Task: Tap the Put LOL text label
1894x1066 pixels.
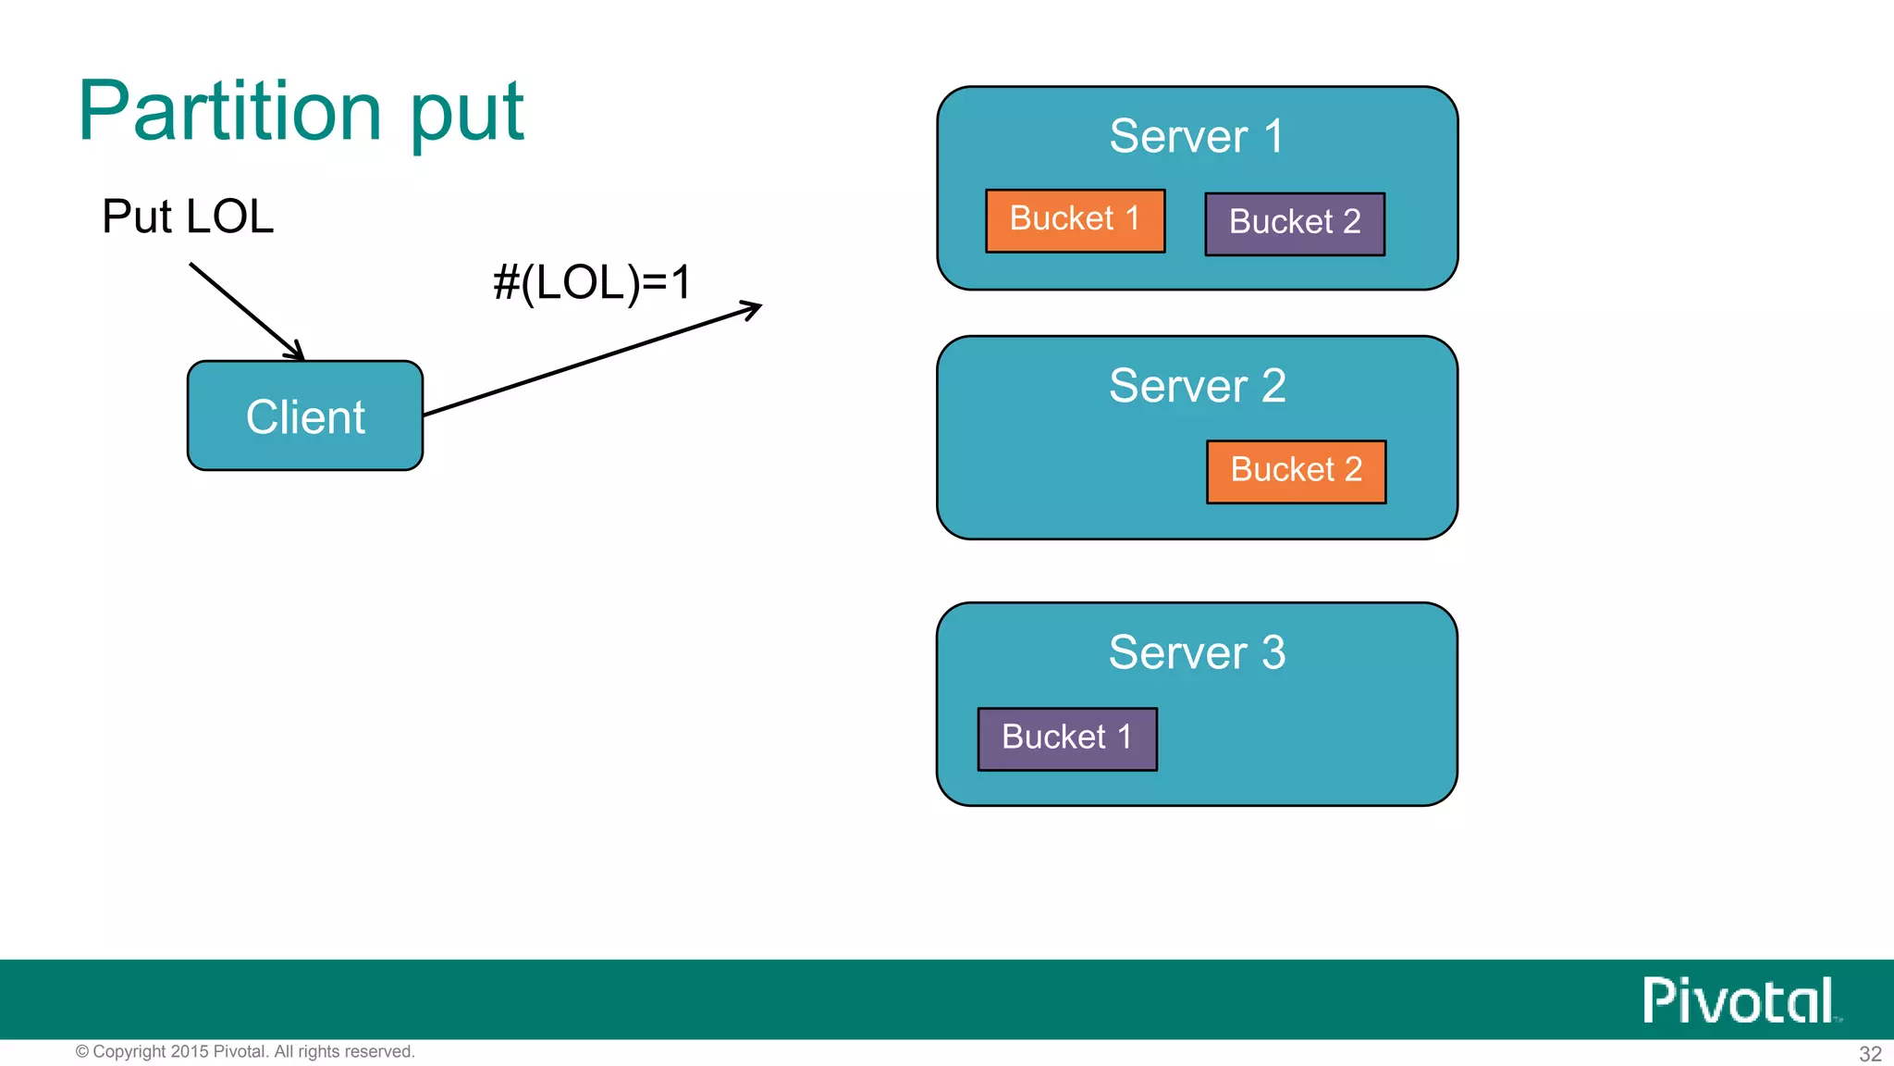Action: [188, 217]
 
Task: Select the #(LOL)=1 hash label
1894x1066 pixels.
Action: [592, 282]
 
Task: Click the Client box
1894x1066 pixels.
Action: [305, 416]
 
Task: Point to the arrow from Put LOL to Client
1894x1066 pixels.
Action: [245, 311]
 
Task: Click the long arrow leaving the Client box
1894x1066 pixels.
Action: [592, 359]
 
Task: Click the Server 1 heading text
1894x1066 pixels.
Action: [1196, 136]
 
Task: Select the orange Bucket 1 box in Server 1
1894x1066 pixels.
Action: [1075, 220]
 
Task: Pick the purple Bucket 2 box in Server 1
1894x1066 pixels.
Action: [1295, 223]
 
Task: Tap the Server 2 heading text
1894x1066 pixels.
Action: [1197, 385]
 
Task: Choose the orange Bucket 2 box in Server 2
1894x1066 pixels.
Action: [1296, 471]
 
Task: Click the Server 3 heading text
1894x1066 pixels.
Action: [1197, 652]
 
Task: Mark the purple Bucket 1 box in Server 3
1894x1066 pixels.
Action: [1067, 738]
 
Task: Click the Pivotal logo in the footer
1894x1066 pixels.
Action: [1740, 1000]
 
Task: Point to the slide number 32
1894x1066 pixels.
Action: [1870, 1053]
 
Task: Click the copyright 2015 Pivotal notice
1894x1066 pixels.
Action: [245, 1051]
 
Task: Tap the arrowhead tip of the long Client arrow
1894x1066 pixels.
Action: [758, 305]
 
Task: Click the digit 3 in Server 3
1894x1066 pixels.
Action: [1273, 652]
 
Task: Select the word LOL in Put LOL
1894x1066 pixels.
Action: [229, 217]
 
